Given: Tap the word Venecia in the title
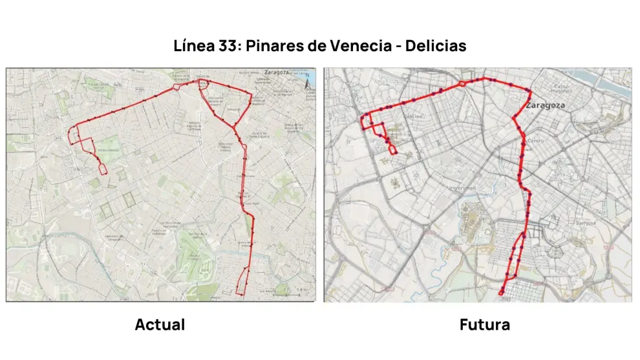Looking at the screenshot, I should (x=363, y=47).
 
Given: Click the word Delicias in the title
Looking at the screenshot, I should (x=436, y=47).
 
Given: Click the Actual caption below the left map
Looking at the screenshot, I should (x=160, y=324).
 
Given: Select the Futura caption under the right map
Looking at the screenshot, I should (x=484, y=324).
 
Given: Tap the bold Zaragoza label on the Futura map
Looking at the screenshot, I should (x=547, y=104).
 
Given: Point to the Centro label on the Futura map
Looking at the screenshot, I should (x=536, y=140).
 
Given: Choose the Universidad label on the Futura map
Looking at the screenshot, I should (x=462, y=188).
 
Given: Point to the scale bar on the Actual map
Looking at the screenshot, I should (x=294, y=294).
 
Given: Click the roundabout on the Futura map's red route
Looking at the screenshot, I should (x=462, y=83).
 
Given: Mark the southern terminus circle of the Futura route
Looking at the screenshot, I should (x=503, y=293).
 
